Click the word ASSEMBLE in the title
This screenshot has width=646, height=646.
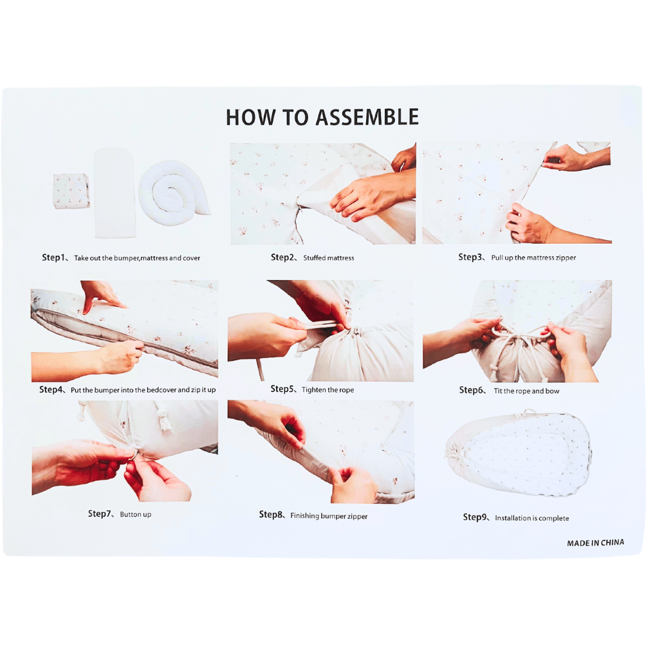click(x=367, y=117)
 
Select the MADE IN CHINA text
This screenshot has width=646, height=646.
click(x=595, y=543)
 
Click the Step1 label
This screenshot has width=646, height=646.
click(x=53, y=257)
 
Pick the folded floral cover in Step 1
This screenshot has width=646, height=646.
click(x=71, y=190)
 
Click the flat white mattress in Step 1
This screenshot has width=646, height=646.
click(x=115, y=193)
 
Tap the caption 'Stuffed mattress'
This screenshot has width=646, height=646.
click(x=329, y=258)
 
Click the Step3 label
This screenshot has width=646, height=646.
click(x=470, y=257)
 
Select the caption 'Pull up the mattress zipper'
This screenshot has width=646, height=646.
click(x=533, y=258)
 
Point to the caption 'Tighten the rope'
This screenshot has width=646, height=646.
click(x=328, y=390)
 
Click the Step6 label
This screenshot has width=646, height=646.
click(x=471, y=390)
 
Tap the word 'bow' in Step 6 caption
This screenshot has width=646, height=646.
click(x=552, y=391)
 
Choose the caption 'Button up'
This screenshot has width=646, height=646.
click(x=136, y=514)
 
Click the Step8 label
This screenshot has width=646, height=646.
click(x=271, y=515)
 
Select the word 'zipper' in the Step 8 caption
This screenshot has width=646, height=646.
click(x=357, y=516)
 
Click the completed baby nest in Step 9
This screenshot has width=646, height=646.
click(x=519, y=453)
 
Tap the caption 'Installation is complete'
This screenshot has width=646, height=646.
click(x=532, y=519)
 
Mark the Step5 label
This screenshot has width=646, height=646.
click(x=282, y=389)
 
